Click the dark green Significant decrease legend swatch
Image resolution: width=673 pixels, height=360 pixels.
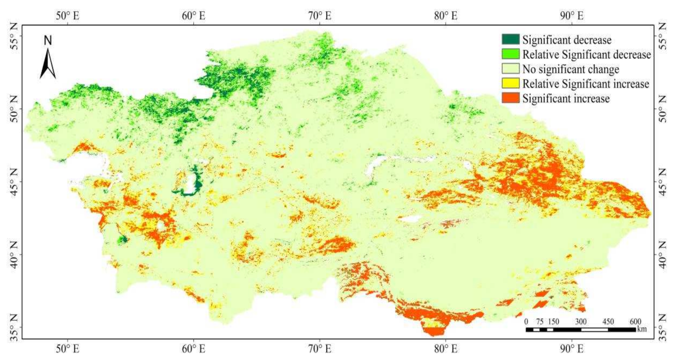[510, 40]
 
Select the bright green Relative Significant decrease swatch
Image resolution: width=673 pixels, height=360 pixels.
[510, 54]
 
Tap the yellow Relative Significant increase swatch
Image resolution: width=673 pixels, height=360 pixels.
[510, 83]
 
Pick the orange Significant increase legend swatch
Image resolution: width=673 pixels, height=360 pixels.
[510, 98]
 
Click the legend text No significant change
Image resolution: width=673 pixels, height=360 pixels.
[570, 69]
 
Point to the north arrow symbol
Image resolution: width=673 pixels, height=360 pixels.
[48, 64]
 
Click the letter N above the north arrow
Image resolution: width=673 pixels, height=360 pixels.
[48, 40]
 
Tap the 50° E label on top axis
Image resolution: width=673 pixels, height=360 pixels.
[67, 16]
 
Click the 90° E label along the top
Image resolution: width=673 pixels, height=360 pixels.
[572, 16]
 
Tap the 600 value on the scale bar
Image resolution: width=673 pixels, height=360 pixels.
[635, 321]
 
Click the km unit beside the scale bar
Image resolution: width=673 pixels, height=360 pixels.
[642, 329]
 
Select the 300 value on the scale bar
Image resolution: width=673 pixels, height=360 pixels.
[581, 321]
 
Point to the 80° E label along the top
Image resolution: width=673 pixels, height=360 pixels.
[445, 16]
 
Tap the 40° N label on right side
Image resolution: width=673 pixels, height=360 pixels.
[662, 255]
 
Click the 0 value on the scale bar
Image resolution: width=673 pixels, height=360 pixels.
[526, 321]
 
